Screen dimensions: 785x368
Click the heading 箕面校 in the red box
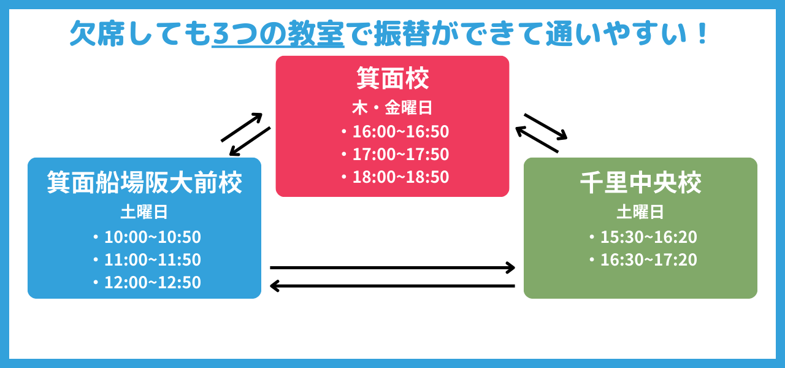392,78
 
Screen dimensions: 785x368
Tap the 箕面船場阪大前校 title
144,182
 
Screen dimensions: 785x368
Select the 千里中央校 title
641,182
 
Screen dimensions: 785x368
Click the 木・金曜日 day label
392,107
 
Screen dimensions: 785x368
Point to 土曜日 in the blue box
144,212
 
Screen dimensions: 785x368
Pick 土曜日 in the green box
640,212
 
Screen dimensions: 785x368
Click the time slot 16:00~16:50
400,131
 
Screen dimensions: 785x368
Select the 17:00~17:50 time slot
400,154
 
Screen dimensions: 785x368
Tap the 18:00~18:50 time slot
400,177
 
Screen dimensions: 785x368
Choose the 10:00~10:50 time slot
153,237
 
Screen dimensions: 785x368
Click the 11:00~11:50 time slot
153,259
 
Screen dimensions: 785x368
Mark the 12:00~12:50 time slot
153,283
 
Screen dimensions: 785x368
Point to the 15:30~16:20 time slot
649,237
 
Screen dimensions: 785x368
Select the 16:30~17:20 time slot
649,259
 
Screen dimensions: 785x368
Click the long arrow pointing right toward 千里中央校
392,268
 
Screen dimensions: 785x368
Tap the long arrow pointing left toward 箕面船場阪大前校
392,286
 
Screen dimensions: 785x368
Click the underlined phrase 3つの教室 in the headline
278,34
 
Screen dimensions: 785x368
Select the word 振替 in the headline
402,34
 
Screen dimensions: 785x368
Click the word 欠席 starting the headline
98,34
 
